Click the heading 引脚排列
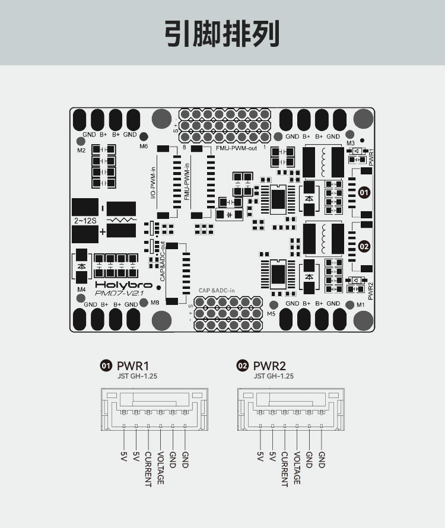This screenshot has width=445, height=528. click(222, 34)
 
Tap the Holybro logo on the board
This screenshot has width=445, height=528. click(123, 285)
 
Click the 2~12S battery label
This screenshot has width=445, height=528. click(85, 221)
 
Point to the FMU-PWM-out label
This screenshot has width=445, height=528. click(236, 148)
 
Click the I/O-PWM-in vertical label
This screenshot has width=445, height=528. click(153, 183)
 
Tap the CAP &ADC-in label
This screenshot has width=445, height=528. click(217, 290)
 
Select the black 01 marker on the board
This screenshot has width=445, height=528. click(364, 193)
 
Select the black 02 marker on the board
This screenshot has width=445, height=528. click(364, 246)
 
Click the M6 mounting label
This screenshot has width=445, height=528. click(144, 146)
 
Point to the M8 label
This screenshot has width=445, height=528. click(155, 303)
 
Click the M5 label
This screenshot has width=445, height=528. click(271, 313)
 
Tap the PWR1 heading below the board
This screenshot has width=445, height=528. click(133, 365)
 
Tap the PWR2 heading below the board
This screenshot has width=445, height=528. click(269, 365)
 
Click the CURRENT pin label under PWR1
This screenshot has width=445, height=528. click(148, 469)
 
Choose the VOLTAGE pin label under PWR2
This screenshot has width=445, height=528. click(297, 468)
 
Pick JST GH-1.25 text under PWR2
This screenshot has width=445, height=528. click(274, 376)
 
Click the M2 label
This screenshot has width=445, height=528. click(81, 151)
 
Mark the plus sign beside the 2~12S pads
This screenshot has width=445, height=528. click(103, 232)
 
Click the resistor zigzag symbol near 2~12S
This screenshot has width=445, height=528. click(121, 220)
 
